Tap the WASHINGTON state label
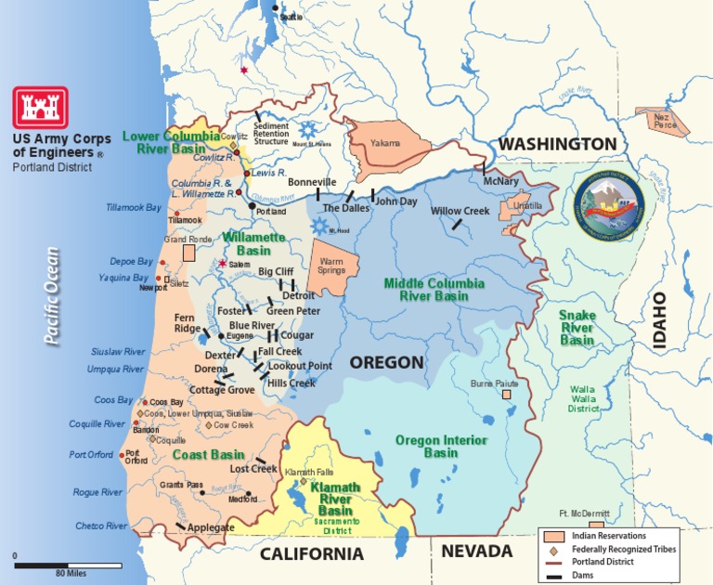click(x=556, y=144)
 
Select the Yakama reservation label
click(x=385, y=143)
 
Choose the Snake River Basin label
click(x=577, y=328)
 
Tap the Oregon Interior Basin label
click(x=427, y=447)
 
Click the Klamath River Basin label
click(x=336, y=499)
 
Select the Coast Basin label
click(x=208, y=455)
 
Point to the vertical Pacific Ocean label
click(x=52, y=295)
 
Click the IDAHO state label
click(x=660, y=320)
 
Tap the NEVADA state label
click(x=476, y=552)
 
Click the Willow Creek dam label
click(x=460, y=211)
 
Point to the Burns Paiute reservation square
click(x=508, y=394)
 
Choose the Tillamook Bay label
click(x=134, y=207)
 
